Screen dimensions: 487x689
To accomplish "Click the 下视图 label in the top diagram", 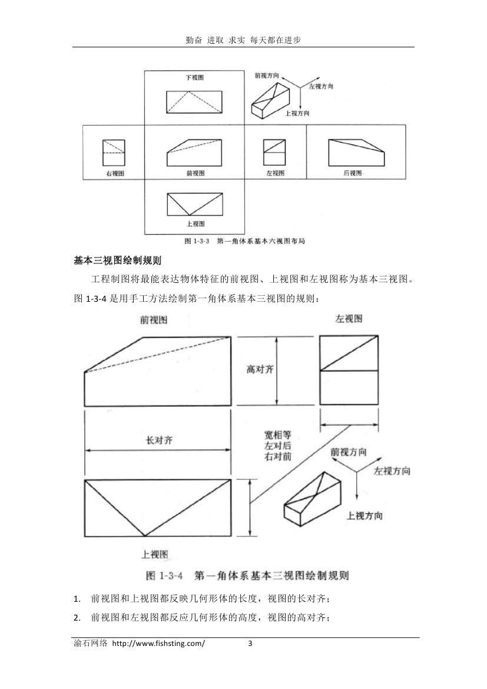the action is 194,77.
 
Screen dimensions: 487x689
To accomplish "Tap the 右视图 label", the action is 115,173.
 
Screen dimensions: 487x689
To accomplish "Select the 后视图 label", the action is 353,173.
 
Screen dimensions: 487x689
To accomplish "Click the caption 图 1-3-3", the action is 198,241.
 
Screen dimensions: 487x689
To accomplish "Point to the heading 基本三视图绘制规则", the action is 118,261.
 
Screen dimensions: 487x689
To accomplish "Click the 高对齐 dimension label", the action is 260,370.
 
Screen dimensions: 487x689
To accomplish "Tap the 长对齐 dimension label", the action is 160,440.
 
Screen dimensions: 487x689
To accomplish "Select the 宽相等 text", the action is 277,435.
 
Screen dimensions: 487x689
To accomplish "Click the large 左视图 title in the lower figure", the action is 349,319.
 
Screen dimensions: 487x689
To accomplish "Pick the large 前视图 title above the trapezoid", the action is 154,319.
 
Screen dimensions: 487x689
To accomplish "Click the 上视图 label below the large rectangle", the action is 154,554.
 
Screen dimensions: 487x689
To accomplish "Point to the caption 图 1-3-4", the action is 164,575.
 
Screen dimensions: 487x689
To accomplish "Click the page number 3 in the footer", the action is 250,644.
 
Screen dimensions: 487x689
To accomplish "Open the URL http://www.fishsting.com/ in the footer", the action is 158,644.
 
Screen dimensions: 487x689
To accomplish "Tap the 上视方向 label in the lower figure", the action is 365,516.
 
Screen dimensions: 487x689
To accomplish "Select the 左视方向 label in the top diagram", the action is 322,87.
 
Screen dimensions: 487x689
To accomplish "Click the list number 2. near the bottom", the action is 77,618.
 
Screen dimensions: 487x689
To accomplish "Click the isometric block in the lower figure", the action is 313,499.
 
